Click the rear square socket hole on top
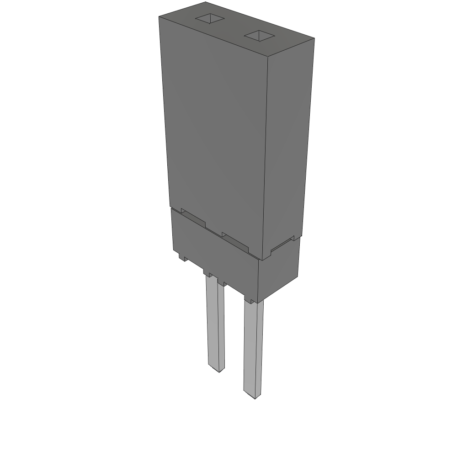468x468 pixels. (210, 19)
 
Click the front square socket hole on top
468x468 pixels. (259, 36)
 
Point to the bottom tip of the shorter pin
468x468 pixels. (217, 369)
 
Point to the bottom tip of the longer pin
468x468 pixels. (253, 396)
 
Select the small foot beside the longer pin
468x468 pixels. (250, 300)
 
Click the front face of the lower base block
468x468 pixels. (215, 256)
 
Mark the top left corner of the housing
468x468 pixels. (159, 17)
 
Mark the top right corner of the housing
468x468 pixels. (314, 38)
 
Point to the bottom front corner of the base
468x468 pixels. (258, 302)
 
